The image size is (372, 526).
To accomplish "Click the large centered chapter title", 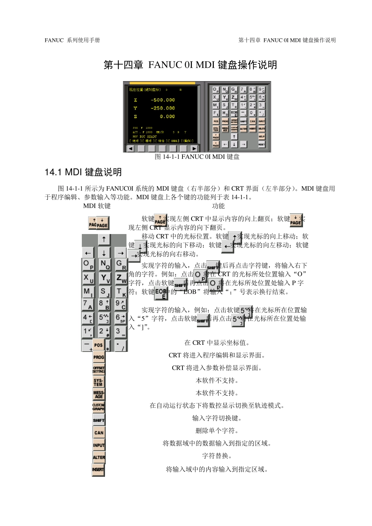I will coord(190,65).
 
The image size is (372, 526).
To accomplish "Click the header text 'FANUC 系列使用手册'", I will coord(72,40).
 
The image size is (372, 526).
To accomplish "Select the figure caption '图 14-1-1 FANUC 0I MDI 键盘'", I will coord(197,157).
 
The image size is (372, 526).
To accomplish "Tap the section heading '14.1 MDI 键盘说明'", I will coord(83,172).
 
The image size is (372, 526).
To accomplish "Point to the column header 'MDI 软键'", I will coord(97,206).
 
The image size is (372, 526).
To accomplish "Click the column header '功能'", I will coord(219,206).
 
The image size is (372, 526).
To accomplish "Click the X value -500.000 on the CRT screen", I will coord(163,100).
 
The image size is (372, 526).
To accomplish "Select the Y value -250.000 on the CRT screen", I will coord(163,108).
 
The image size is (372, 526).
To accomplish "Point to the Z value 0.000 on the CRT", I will coord(167,117).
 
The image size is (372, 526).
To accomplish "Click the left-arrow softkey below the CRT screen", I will coord(130,149).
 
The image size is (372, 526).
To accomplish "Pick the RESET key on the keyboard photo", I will coord(262,145).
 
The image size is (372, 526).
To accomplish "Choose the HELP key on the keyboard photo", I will coord(262,137).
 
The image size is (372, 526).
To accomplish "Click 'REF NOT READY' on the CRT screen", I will coord(144,137).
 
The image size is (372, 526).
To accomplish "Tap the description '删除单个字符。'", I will coord(218,431).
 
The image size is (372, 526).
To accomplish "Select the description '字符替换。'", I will coord(218,456).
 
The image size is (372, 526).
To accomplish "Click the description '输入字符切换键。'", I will coord(218,418).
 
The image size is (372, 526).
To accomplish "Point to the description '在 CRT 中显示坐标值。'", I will coord(218,343).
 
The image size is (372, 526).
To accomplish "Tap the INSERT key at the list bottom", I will coord(98,470).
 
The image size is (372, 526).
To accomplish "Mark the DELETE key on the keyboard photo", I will coord(262,129).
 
